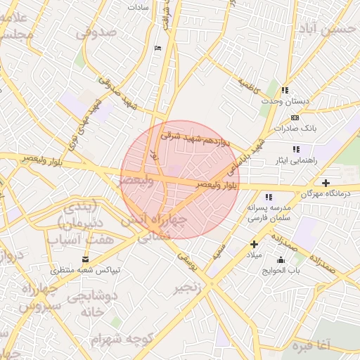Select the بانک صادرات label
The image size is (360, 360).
click(296, 129)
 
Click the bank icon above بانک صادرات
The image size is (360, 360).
click(295, 117)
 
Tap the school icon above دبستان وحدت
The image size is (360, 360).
click(285, 90)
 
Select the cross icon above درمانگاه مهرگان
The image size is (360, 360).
click(326, 182)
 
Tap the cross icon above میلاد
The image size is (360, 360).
click(255, 244)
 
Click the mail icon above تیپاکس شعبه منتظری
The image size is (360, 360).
click(86, 259)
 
